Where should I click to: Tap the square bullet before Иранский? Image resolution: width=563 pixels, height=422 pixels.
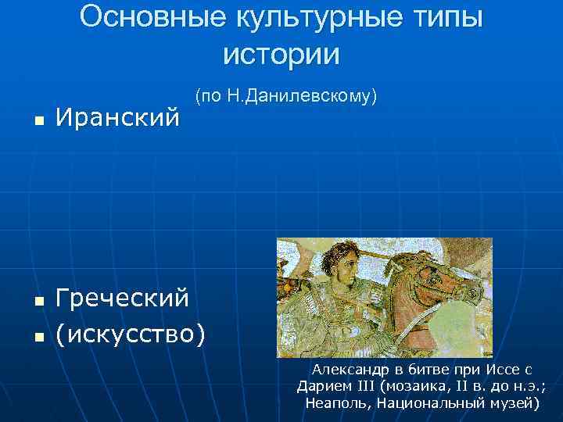38,121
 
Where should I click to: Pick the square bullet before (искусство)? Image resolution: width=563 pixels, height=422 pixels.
38,337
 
